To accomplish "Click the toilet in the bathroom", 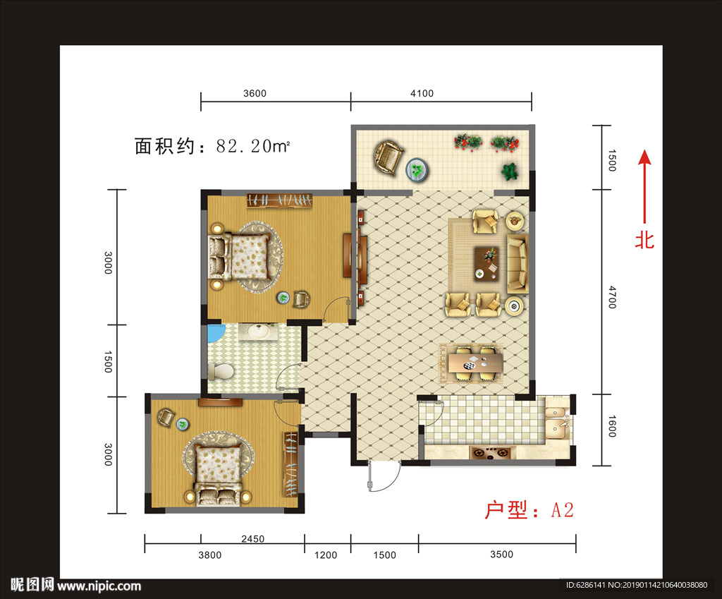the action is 221,371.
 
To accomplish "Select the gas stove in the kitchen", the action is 491,454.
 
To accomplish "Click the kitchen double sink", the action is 557,421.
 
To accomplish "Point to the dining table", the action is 475,363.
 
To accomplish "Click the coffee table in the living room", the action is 487,264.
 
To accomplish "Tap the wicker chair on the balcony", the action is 388,157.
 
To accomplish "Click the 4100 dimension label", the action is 422,94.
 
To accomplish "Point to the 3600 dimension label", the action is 255,94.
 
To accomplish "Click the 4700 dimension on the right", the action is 611,297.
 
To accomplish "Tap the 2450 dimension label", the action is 253,538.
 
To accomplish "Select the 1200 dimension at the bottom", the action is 326,555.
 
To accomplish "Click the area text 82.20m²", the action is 253,146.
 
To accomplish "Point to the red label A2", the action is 562,510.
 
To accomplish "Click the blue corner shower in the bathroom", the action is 215,333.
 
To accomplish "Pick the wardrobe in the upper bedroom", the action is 279,200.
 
